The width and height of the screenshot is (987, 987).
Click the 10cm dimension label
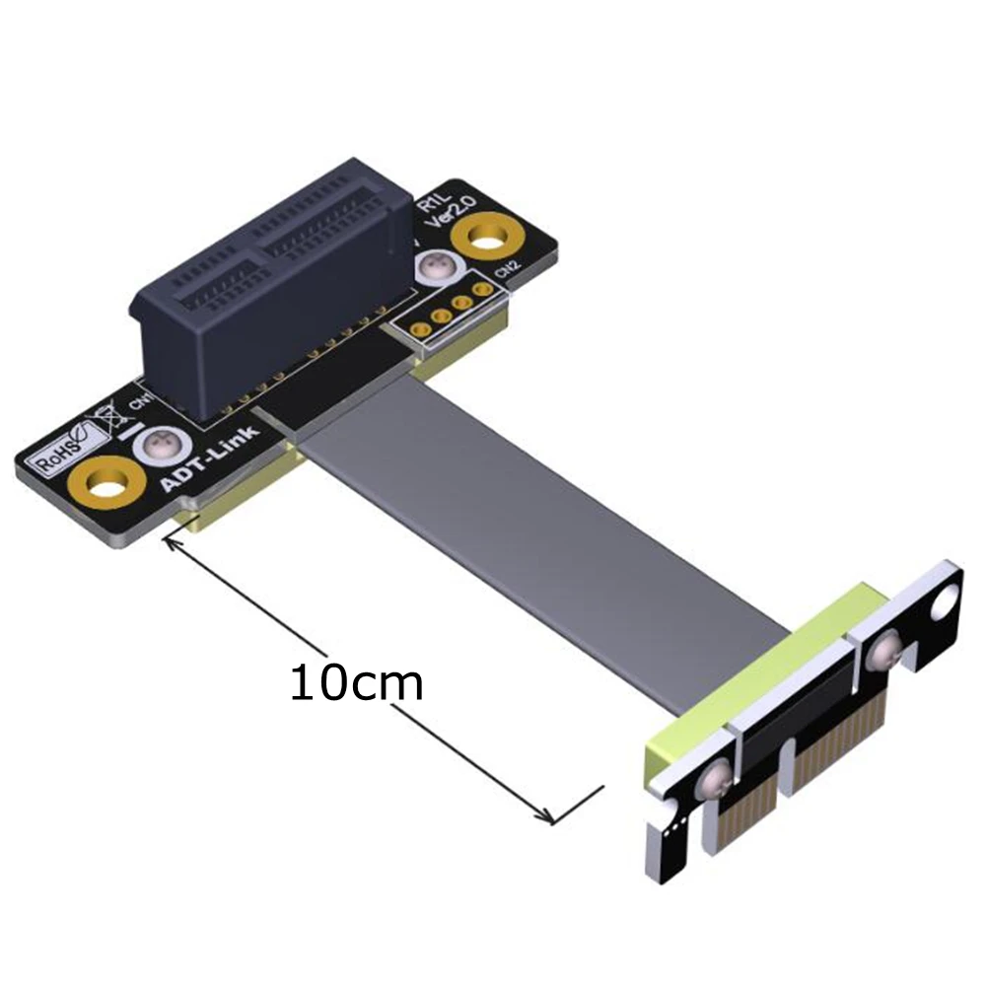(x=356, y=682)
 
